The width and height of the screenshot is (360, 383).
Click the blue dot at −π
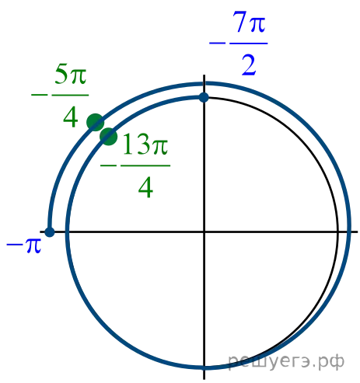(x=50, y=232)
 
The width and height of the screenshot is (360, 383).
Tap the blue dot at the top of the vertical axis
(x=204, y=97)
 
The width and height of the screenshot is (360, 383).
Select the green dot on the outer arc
(x=96, y=122)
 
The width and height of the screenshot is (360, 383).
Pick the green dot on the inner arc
(x=109, y=137)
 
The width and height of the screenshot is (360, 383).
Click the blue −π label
(x=23, y=245)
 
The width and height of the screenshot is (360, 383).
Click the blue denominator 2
(x=249, y=65)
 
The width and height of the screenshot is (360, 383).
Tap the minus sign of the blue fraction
(x=217, y=43)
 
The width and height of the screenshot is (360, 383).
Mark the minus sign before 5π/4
(x=40, y=95)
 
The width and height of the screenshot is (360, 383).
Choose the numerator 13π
(x=145, y=144)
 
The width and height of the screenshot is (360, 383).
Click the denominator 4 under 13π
(x=145, y=187)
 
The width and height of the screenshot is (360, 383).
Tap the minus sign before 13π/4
(x=109, y=165)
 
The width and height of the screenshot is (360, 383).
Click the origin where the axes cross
(x=204, y=232)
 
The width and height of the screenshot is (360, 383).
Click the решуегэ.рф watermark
(x=286, y=360)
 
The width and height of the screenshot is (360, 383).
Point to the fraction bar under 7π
(x=249, y=44)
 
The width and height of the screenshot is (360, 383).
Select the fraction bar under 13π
(x=145, y=165)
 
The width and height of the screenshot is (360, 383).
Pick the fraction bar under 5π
(x=70, y=95)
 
